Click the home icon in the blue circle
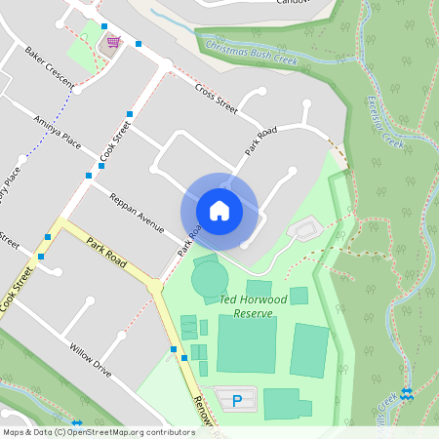tap(219, 210)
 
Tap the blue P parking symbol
tap(236, 401)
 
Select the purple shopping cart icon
tap(114, 42)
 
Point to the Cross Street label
tap(216, 99)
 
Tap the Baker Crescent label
tap(49, 64)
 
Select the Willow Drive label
tap(91, 358)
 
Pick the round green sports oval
tap(210, 280)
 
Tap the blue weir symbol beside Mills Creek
tap(407, 393)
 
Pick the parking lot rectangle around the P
tap(234, 399)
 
